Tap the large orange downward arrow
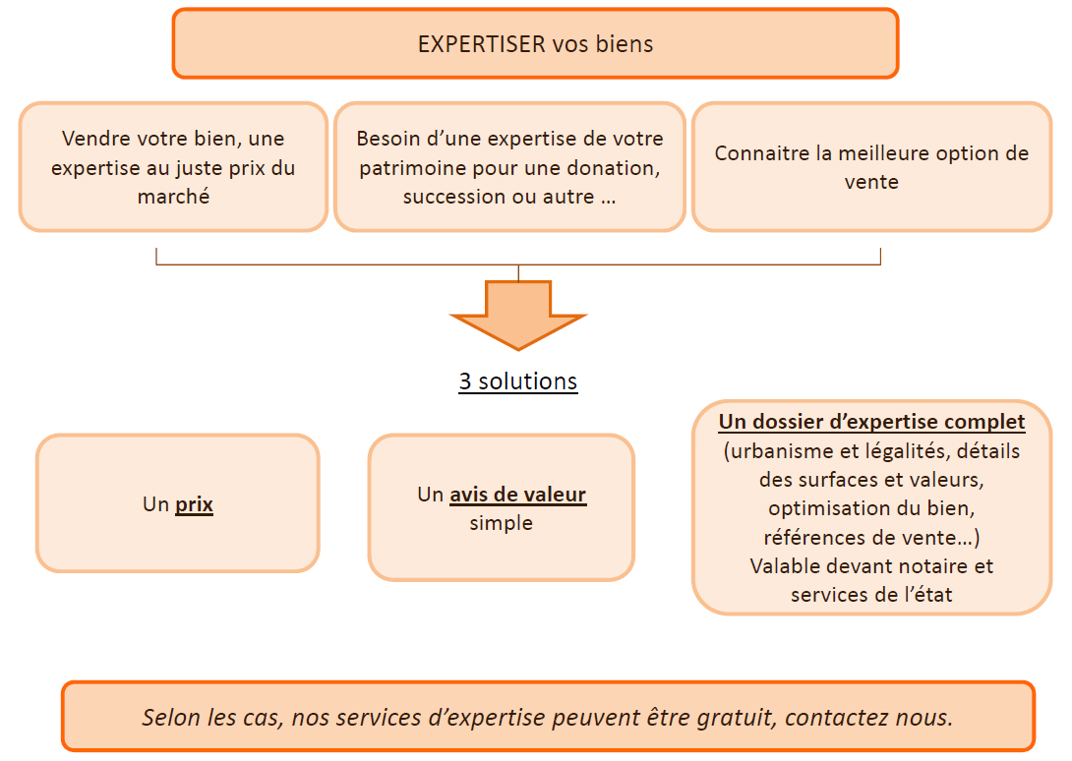tap(518, 315)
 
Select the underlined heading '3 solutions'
tap(518, 380)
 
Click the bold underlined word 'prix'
tap(194, 504)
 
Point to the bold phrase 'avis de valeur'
tap(517, 495)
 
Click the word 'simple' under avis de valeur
tap(502, 523)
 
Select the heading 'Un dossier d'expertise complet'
tap(871, 422)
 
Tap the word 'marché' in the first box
tap(173, 197)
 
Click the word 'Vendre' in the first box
tap(95, 139)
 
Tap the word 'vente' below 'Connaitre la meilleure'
tap(871, 182)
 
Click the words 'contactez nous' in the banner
tap(868, 717)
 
